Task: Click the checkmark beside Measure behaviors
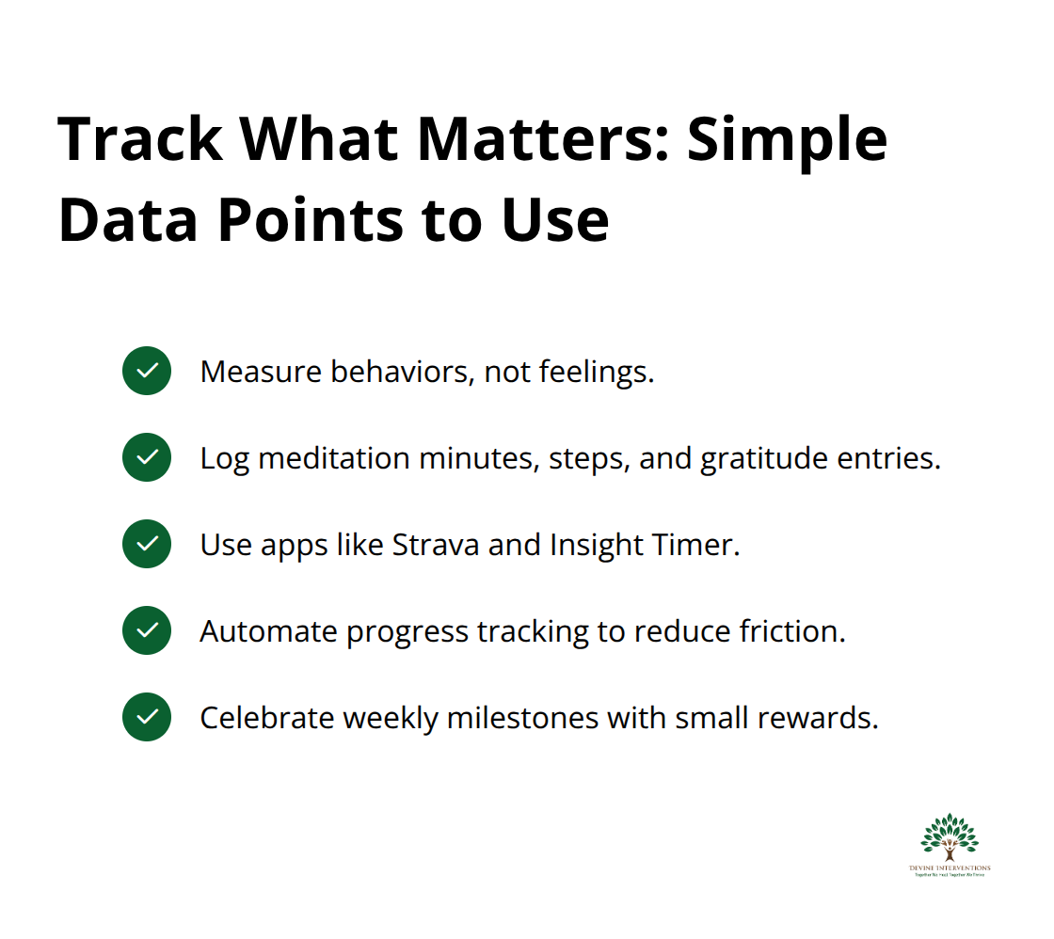click(x=147, y=371)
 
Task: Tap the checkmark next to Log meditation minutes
click(x=147, y=457)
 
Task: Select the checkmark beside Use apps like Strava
click(x=147, y=544)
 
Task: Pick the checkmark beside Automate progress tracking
click(x=147, y=630)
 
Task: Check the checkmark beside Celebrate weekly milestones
click(x=147, y=717)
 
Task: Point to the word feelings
click(x=597, y=372)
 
